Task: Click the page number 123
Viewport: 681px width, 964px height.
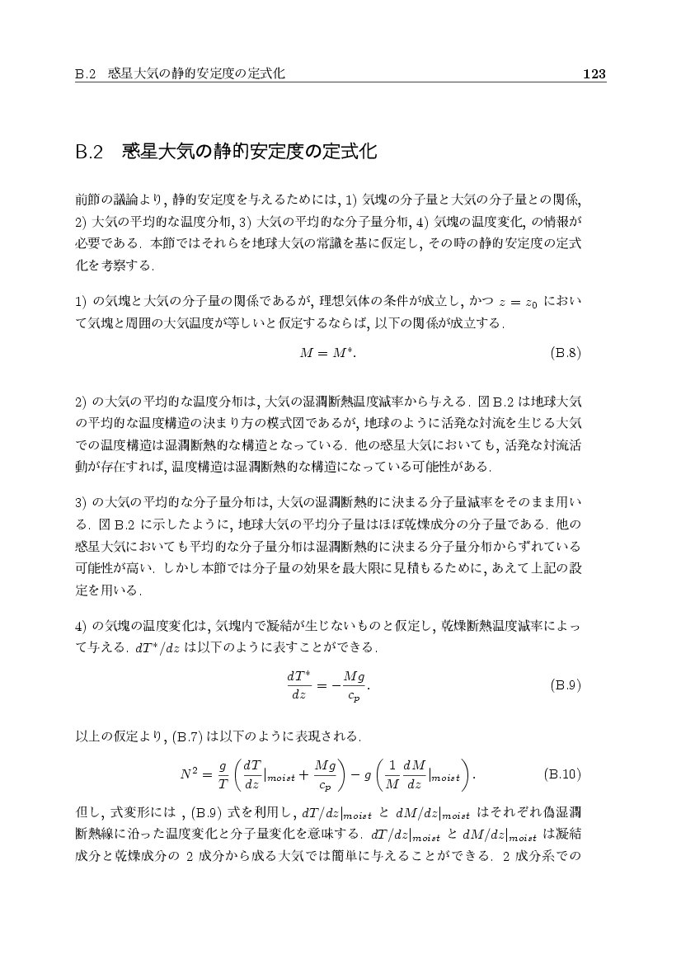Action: tap(594, 74)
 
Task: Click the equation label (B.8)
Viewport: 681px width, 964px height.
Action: tap(566, 354)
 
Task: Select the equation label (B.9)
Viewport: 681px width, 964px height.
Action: tap(566, 684)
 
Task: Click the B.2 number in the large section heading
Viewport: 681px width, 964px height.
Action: tap(88, 153)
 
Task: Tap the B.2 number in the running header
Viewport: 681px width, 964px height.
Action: tap(85, 74)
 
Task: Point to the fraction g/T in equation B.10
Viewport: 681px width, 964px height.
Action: tap(223, 774)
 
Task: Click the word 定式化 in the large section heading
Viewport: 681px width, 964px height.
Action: tap(350, 153)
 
